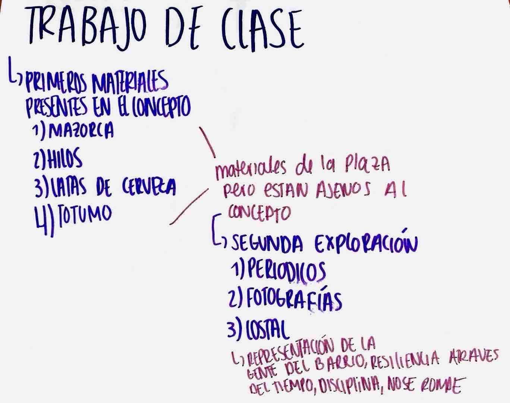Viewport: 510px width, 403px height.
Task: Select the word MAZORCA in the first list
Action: tap(81, 131)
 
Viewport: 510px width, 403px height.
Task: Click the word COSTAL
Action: tap(266, 328)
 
